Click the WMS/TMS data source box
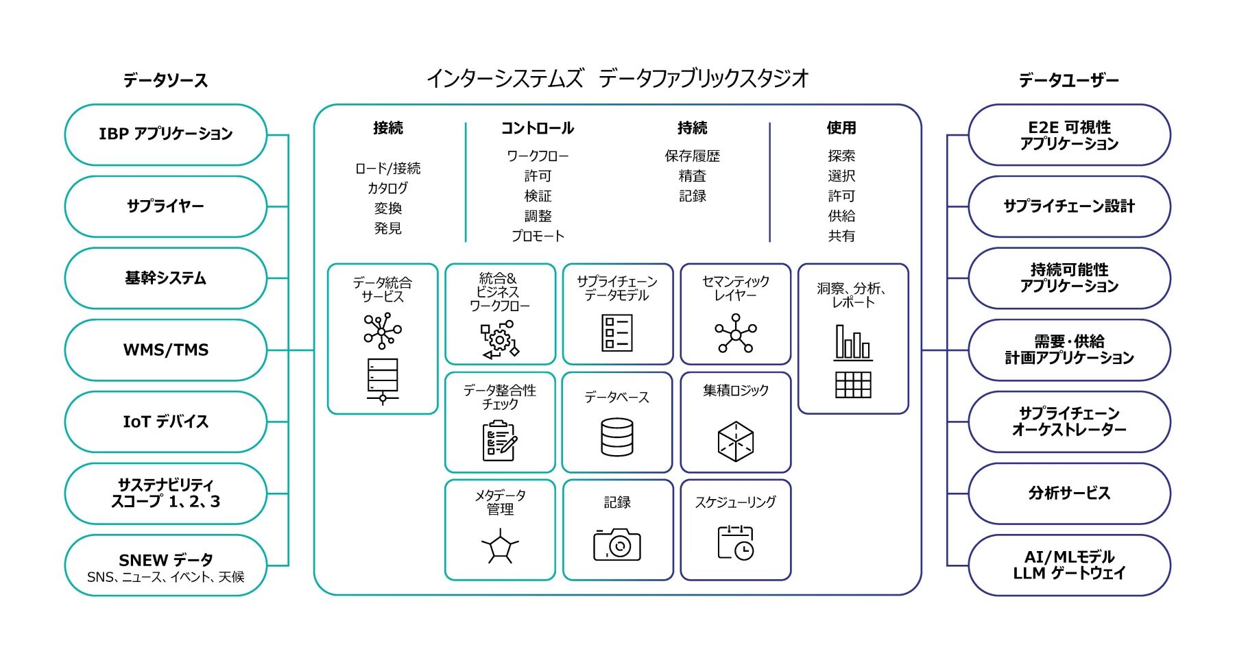pyautogui.click(x=165, y=350)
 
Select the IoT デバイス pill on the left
pyautogui.click(x=165, y=422)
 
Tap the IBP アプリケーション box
pyautogui.click(x=165, y=134)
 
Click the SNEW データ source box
pyautogui.click(x=165, y=565)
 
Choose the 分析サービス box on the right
pyautogui.click(x=1068, y=493)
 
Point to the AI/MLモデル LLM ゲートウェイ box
pyautogui.click(x=1068, y=565)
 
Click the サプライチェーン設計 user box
pyautogui.click(x=1068, y=206)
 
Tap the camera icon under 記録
pyautogui.click(x=616, y=544)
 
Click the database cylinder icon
pyautogui.click(x=616, y=437)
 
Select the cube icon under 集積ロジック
pyautogui.click(x=735, y=441)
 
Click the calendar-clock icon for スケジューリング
pyautogui.click(x=735, y=542)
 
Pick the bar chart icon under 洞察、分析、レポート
pyautogui.click(x=853, y=342)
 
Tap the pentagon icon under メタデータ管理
pyautogui.click(x=500, y=548)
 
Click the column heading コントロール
pyautogui.click(x=537, y=128)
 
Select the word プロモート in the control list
pyautogui.click(x=538, y=236)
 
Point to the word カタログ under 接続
pyautogui.click(x=387, y=188)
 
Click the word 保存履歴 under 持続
pyautogui.click(x=692, y=156)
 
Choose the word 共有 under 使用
pyautogui.click(x=841, y=236)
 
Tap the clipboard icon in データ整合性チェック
pyautogui.click(x=499, y=441)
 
